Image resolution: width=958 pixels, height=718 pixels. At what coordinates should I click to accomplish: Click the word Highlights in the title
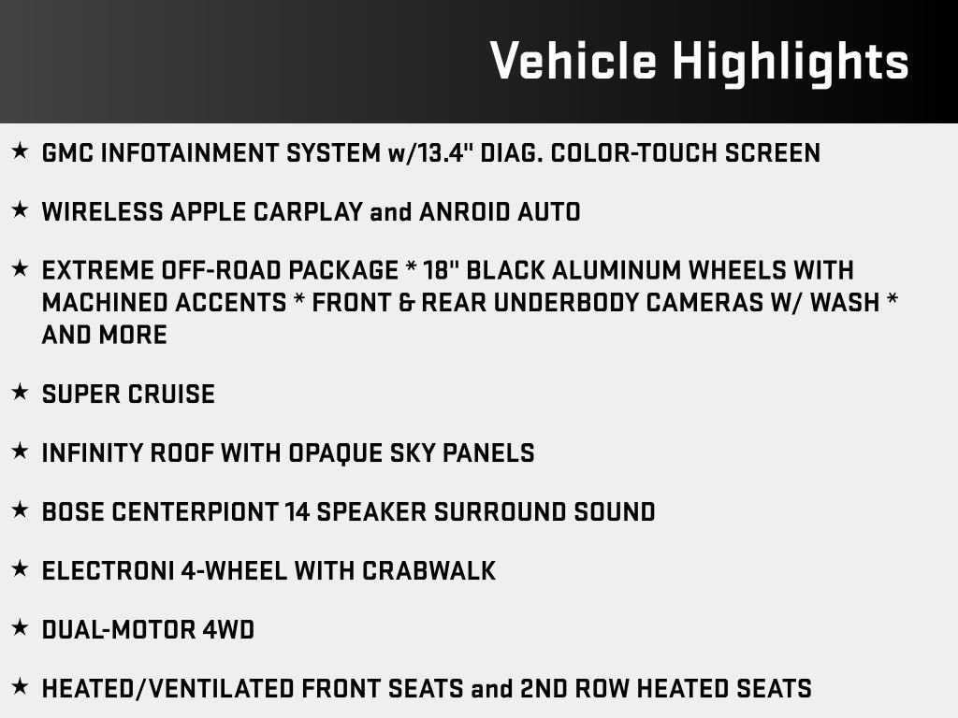(x=791, y=63)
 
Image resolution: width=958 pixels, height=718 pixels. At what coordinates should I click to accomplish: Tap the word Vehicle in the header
(x=573, y=61)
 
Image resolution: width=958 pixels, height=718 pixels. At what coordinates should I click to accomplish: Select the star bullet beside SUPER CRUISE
(x=20, y=392)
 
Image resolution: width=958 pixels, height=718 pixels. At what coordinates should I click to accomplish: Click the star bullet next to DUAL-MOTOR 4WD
(x=20, y=627)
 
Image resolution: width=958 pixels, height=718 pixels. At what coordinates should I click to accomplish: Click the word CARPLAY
(x=309, y=212)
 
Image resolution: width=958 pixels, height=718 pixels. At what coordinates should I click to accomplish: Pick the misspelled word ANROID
(x=465, y=212)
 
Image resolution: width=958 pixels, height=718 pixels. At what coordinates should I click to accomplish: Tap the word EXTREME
(x=97, y=270)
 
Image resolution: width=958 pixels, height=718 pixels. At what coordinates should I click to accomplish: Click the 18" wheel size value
(x=441, y=270)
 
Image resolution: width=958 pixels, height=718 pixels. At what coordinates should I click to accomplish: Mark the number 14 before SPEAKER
(x=298, y=512)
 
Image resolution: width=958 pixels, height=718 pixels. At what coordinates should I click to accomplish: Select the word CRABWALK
(x=428, y=571)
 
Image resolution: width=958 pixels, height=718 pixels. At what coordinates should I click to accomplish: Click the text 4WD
(x=228, y=630)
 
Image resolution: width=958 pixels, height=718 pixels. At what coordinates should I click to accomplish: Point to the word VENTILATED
(x=223, y=689)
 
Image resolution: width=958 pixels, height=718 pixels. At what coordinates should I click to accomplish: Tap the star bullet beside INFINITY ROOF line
(x=20, y=452)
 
